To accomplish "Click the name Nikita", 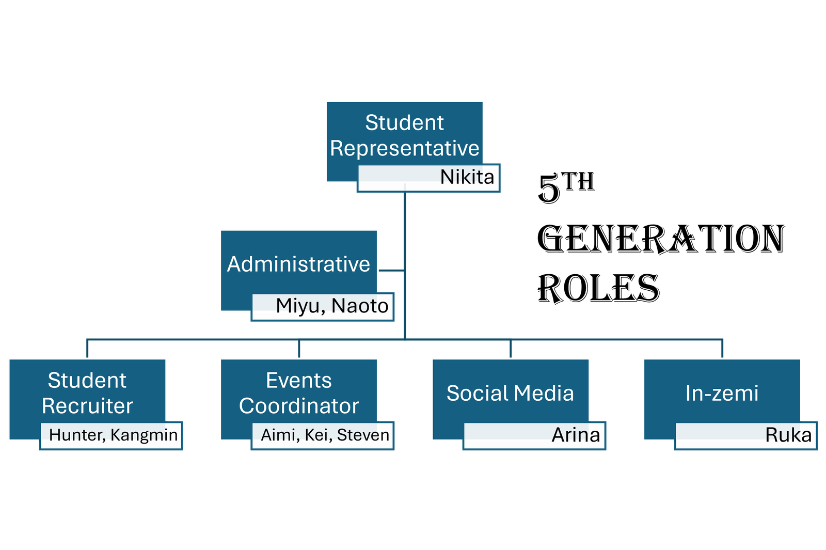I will [467, 177].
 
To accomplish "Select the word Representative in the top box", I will [405, 149].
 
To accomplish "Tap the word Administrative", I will [298, 264].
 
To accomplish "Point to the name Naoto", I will [360, 306].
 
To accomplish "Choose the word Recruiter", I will [87, 406].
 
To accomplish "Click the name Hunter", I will [77, 435].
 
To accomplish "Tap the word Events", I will [298, 381].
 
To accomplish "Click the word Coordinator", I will [298, 406].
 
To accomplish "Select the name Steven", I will [363, 435].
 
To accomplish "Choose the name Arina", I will [576, 435].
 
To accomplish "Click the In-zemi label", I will [722, 394].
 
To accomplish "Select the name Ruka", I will [788, 435].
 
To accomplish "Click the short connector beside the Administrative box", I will [392, 270].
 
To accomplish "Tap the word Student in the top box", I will [404, 123].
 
